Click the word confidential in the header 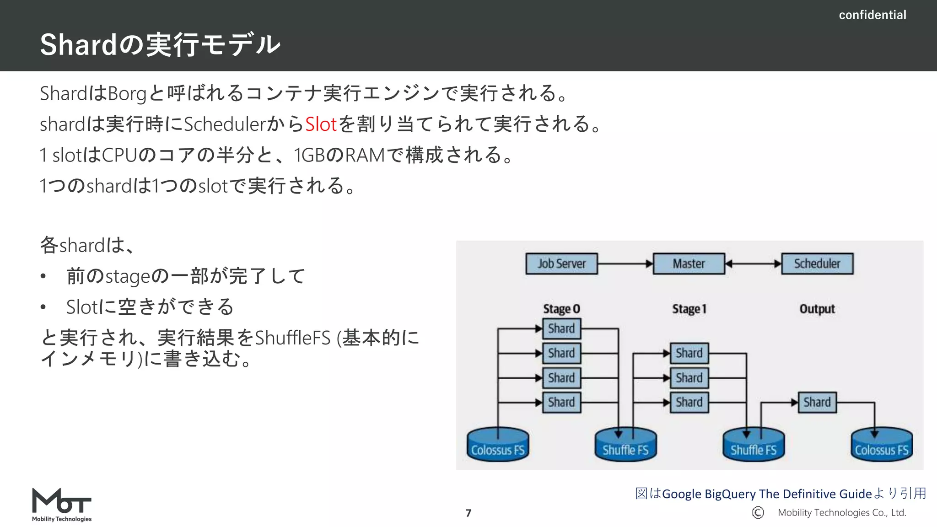872,15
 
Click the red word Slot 321,124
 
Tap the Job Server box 561,263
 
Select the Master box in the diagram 689,263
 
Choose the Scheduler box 817,263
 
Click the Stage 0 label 561,309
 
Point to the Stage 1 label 689,309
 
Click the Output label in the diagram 817,309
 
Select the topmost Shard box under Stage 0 561,328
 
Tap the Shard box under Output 817,402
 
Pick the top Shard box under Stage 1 689,353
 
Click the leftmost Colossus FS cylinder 498,445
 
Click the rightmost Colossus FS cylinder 881,445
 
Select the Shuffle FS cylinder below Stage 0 625,445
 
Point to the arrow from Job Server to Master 625,263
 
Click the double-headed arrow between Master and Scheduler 753,263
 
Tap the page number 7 468,513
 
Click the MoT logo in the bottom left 62,505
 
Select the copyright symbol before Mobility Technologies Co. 758,512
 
